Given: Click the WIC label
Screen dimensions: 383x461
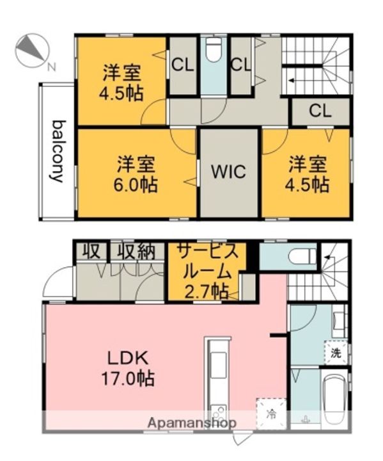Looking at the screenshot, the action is coord(229,172).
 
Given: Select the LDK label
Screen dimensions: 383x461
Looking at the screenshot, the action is coord(127,359).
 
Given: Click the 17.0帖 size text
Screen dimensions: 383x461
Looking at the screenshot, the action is coord(128,378).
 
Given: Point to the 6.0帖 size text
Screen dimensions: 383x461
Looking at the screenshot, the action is coord(136,184).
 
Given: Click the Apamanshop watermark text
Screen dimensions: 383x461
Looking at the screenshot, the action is coord(192,423).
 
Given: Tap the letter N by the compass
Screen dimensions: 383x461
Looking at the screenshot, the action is coord(52,67).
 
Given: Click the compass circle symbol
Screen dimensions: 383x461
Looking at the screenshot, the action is coord(32,50).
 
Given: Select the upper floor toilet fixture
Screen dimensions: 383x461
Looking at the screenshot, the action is coord(214,49).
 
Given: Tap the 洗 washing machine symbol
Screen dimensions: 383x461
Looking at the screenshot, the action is coord(336,353).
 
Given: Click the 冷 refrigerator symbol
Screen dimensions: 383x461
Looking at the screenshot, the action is coord(271,414).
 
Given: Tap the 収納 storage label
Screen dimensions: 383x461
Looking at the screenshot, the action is coord(137,252).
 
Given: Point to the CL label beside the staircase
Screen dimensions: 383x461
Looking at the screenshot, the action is coord(320,111).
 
